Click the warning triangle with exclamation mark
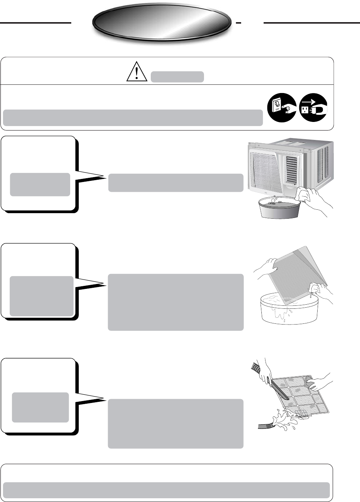click(136, 72)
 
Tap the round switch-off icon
click(282, 108)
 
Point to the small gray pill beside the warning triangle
click(177, 77)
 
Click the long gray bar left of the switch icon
click(132, 118)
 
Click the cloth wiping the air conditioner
click(302, 195)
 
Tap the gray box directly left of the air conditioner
click(175, 183)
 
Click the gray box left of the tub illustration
click(175, 302)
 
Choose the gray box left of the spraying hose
click(175, 424)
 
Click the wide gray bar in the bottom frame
click(166, 490)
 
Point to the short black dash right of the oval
click(238, 23)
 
